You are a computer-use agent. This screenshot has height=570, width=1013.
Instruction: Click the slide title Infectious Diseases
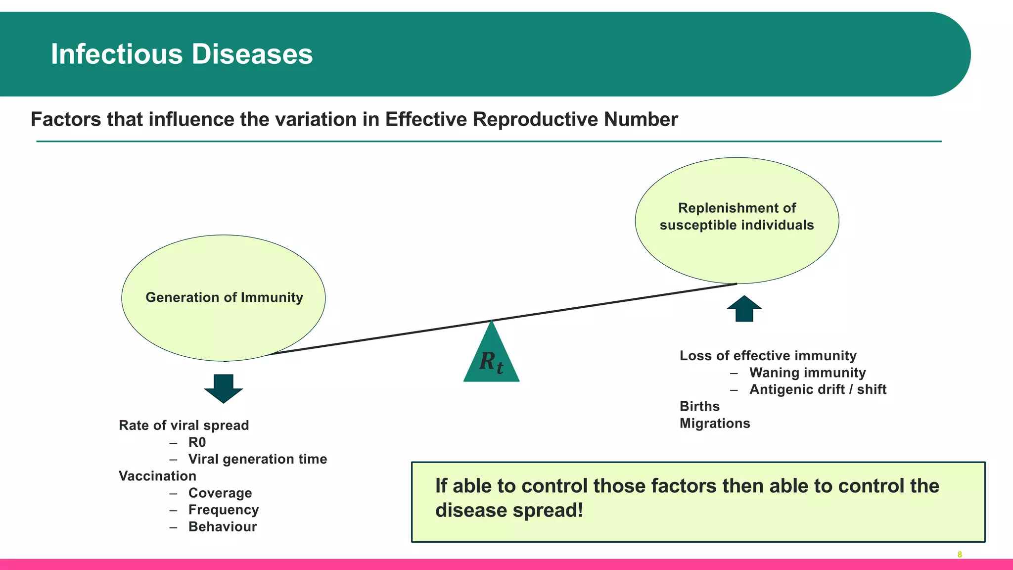coord(182,54)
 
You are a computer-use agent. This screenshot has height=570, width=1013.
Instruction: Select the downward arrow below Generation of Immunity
coord(224,388)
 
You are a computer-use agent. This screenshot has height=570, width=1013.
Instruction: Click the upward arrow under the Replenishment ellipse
coord(744,309)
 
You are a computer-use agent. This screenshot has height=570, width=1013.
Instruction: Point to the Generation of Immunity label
coord(224,297)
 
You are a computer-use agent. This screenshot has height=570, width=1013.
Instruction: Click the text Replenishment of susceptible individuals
coord(737,217)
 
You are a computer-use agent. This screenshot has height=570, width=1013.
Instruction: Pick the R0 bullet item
coord(197,442)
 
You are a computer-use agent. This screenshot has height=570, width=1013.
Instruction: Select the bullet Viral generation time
coord(257,459)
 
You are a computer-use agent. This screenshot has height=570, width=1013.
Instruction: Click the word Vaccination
coord(157,476)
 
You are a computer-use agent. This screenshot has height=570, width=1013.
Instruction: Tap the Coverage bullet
coord(220,493)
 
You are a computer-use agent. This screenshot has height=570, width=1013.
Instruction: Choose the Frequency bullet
coord(224,510)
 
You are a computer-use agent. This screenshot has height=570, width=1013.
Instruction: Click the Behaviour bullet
coord(223,526)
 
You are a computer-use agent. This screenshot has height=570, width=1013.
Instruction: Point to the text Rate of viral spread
coord(184,426)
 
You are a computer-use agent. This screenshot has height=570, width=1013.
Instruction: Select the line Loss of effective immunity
coord(768,356)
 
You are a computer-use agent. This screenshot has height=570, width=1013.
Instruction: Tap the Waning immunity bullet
coord(807,373)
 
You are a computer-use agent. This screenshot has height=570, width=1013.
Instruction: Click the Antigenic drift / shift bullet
coord(818,389)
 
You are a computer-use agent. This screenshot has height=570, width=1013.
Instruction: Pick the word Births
coord(699,406)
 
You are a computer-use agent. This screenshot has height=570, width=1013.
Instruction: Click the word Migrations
coord(715,424)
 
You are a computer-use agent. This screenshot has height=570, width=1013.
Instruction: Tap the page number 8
coord(960,555)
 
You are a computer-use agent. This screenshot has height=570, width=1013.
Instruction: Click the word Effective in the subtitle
coord(426,120)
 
